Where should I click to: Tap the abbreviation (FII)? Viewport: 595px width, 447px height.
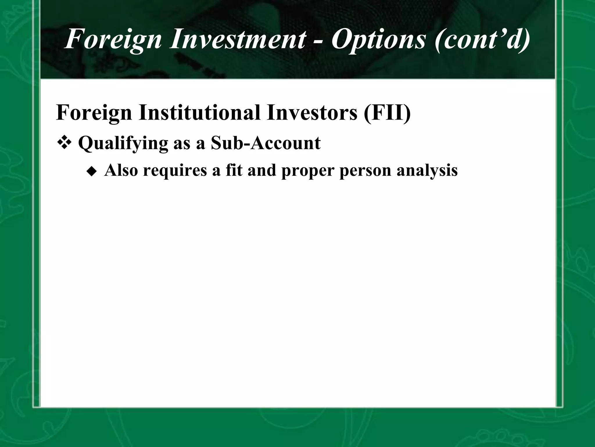point(387,113)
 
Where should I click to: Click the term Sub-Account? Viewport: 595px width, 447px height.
point(266,143)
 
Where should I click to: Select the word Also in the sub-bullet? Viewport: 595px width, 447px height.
point(121,170)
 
